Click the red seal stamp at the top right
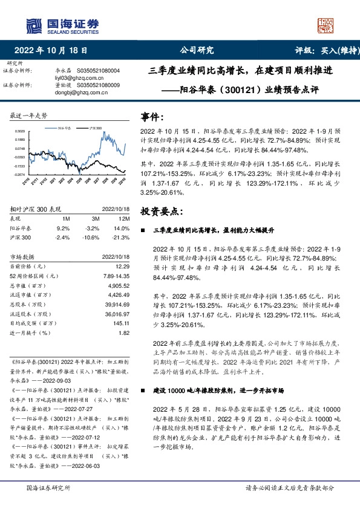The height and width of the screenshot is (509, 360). tap(325, 25)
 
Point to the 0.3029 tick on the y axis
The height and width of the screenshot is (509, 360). tap(19, 131)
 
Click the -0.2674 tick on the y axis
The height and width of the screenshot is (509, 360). tap(19, 174)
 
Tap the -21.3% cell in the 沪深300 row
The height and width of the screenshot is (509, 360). tap(122, 238)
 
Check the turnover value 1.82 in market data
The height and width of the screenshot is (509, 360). tap(123, 332)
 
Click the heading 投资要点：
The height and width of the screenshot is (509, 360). tap(161, 211)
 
